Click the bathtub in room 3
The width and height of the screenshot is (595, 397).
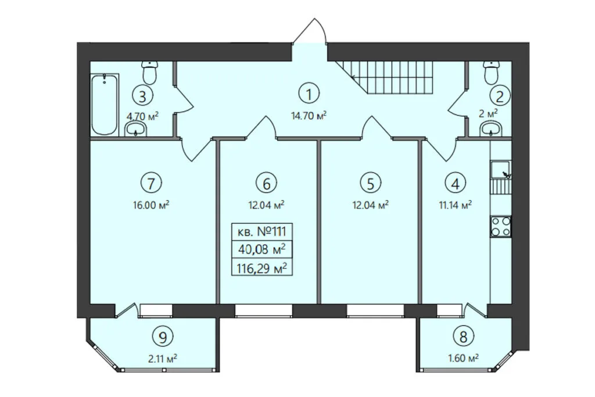(105, 105)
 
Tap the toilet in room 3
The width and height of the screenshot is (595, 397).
(149, 73)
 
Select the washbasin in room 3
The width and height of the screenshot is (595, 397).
(135, 128)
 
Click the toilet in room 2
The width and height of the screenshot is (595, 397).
(492, 73)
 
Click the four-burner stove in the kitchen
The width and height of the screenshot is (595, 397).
(501, 226)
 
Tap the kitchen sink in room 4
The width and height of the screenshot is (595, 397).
(501, 170)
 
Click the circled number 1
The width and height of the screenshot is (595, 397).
(309, 94)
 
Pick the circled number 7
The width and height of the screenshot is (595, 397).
(151, 183)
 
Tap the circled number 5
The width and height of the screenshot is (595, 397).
(370, 183)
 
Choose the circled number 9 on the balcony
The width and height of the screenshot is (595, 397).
(163, 337)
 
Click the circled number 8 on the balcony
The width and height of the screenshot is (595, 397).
(463, 337)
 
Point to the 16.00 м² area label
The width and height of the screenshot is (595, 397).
(151, 205)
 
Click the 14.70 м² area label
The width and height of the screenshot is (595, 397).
(309, 116)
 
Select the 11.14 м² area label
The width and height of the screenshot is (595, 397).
(455, 205)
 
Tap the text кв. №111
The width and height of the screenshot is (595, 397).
(262, 231)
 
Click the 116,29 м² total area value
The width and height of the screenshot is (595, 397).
(261, 269)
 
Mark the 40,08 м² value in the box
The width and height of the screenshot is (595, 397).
(262, 250)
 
